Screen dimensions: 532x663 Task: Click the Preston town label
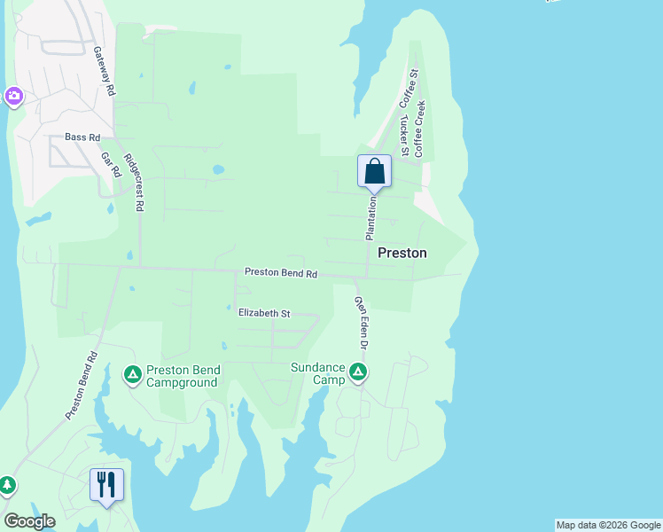(402, 253)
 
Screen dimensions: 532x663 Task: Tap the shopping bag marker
(374, 171)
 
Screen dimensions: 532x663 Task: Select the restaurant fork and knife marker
(106, 484)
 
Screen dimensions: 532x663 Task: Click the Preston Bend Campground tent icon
(132, 376)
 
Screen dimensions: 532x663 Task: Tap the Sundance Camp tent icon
(358, 372)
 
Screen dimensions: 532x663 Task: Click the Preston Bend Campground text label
(183, 376)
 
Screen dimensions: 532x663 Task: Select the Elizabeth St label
(264, 313)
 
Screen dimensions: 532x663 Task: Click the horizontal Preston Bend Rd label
(281, 274)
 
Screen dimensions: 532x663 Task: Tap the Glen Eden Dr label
(361, 321)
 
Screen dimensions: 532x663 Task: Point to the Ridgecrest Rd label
(134, 184)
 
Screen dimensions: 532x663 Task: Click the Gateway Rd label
(104, 71)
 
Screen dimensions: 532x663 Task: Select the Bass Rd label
(82, 137)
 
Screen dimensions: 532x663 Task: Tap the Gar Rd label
(110, 164)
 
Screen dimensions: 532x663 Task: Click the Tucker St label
(403, 137)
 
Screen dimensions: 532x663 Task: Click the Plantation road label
(372, 218)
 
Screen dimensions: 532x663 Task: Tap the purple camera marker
(13, 96)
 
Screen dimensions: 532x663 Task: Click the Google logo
(29, 521)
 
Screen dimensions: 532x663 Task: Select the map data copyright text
(608, 525)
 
